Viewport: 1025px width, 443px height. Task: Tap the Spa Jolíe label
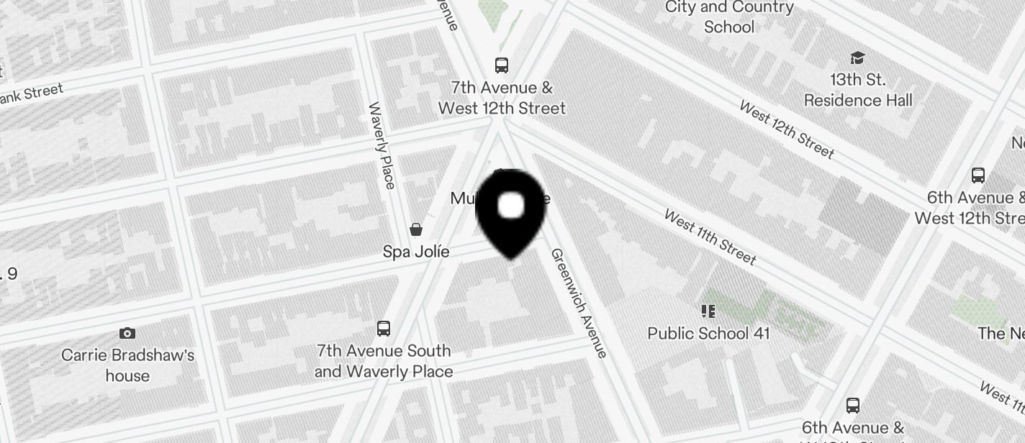click(416, 252)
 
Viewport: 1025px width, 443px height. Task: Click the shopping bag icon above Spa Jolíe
click(416, 229)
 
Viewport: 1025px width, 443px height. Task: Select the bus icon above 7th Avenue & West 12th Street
click(502, 65)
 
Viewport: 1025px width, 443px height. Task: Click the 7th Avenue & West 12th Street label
click(502, 98)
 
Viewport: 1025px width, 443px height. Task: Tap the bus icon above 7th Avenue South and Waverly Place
click(384, 329)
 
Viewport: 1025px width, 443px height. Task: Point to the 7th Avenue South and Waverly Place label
click(384, 361)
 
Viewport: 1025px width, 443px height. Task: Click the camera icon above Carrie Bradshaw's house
click(127, 333)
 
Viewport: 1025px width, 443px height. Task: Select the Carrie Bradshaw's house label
click(127, 365)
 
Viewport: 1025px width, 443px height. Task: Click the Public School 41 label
click(708, 333)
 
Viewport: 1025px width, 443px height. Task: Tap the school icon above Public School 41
click(708, 311)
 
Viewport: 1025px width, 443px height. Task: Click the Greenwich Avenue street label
click(579, 303)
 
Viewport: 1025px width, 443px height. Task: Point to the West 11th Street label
click(710, 237)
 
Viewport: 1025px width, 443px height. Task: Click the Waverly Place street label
click(381, 145)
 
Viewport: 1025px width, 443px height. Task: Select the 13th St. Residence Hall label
click(857, 90)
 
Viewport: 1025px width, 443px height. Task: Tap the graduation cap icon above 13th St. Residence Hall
click(857, 58)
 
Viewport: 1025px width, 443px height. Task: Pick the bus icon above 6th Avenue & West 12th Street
click(977, 175)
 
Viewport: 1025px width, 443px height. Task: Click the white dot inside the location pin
click(511, 206)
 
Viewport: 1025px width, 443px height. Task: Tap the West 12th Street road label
click(787, 129)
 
